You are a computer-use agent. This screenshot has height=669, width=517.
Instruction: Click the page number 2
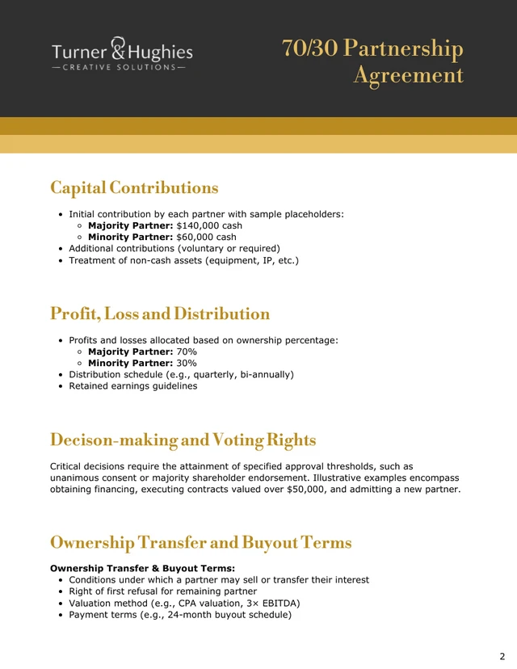point(502,656)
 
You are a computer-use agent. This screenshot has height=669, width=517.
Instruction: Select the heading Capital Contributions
point(134,187)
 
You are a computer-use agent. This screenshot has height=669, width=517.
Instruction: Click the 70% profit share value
point(187,351)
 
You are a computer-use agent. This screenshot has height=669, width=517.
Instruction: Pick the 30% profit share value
point(187,364)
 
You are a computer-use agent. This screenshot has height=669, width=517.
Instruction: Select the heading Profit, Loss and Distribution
point(160,313)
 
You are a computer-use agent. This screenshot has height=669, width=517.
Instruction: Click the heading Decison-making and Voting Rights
point(183,440)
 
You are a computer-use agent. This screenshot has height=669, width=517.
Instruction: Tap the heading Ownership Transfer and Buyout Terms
point(201,542)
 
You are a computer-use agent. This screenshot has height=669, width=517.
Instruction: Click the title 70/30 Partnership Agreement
point(372,61)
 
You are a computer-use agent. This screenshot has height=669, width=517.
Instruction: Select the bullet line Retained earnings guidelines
point(132,386)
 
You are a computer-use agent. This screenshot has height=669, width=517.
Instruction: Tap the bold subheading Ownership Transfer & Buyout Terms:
point(142,568)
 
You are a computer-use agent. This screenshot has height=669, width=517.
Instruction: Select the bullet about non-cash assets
point(183,260)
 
